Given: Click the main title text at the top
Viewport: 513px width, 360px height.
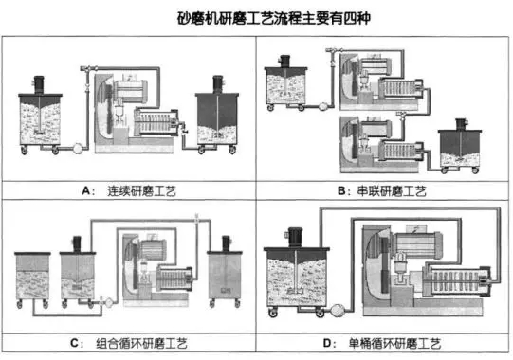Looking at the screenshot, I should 256,18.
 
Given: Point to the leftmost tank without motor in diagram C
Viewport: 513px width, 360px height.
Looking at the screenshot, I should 30,279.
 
